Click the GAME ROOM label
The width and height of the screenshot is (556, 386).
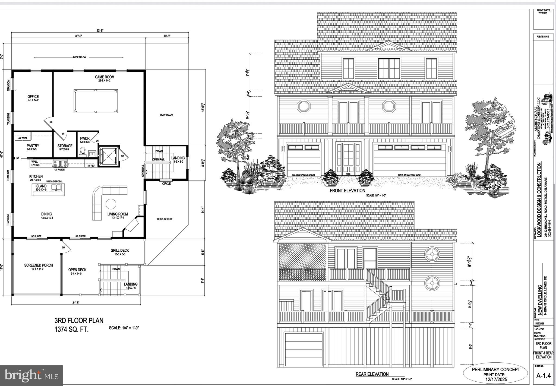(105, 77)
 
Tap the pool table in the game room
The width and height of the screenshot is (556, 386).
(96, 101)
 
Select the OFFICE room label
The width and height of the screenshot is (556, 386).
(33, 97)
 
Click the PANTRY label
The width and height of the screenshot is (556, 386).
(33, 146)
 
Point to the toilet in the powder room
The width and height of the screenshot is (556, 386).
(83, 152)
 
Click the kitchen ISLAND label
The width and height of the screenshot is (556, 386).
(41, 186)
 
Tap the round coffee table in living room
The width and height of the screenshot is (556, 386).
(111, 204)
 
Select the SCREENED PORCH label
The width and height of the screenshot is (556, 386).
(39, 265)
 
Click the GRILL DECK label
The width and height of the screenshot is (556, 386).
(119, 251)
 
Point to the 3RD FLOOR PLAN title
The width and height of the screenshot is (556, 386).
(79, 320)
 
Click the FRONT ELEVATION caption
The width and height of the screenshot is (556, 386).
(347, 191)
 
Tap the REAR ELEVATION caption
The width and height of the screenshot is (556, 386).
(372, 374)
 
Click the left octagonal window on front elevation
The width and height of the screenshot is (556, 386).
(304, 106)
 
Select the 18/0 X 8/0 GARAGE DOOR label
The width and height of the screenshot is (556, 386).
(409, 175)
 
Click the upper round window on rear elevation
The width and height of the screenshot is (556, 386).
(431, 254)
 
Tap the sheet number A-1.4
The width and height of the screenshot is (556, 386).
(543, 376)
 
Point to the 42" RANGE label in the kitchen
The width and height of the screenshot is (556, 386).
(59, 170)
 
